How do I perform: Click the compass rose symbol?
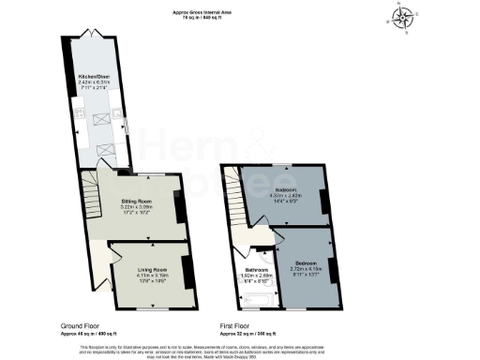pos(404,16)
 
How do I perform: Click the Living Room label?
pos(145,273)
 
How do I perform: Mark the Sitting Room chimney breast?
pos(181,207)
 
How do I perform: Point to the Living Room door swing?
pos(119,252)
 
